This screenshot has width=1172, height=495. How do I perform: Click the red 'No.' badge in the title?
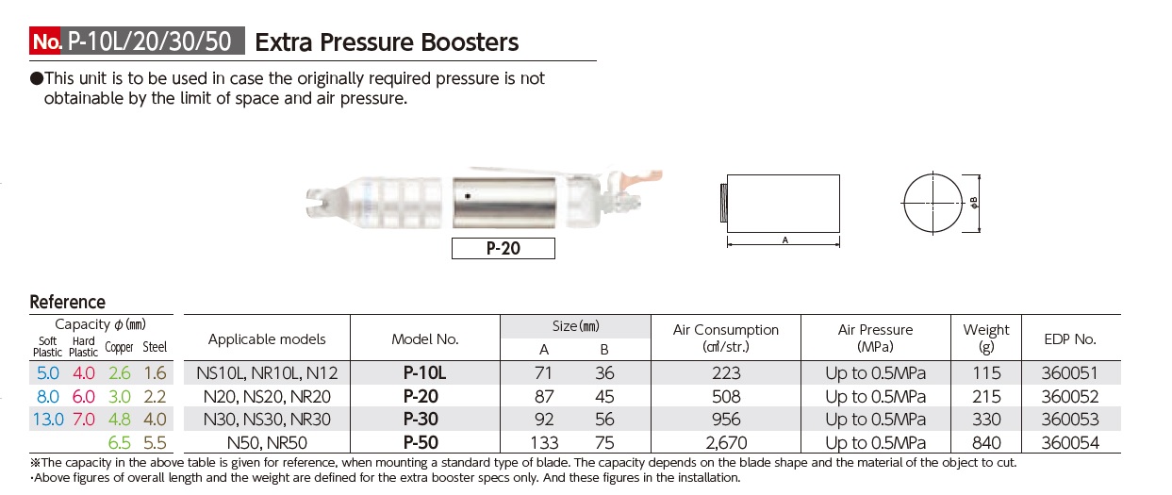coord(47,41)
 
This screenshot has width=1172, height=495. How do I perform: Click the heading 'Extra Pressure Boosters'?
coord(387,41)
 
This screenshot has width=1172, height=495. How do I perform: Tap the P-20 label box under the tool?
coord(503,248)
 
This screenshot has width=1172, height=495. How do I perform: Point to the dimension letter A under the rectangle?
coord(784,241)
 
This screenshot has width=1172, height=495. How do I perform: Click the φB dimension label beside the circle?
coord(974,203)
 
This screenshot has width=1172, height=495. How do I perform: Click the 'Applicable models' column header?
coord(267,338)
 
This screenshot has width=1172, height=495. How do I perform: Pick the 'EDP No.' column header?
coord(1070,338)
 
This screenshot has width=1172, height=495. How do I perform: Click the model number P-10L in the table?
coord(423,372)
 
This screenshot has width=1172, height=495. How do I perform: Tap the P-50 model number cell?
coord(423,442)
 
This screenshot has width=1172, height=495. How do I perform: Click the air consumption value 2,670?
coord(726,442)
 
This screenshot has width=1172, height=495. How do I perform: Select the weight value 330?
coord(986,419)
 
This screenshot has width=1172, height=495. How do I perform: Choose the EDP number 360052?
coord(1070,396)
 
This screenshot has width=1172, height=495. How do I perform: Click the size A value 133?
coord(545,442)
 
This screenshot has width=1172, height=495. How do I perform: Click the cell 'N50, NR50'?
coord(267,442)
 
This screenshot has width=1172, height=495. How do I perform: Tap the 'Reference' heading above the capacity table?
coord(68,302)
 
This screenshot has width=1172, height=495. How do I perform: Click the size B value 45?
coord(604,396)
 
